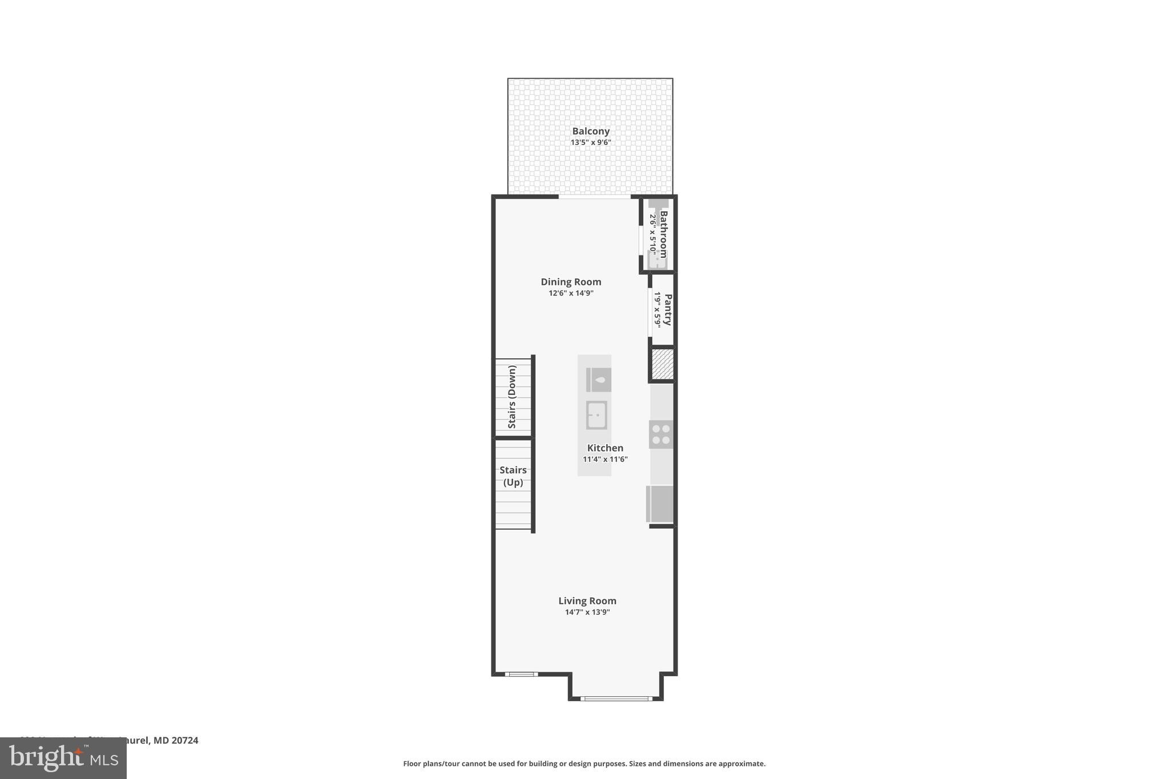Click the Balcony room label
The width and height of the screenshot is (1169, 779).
point(591,131)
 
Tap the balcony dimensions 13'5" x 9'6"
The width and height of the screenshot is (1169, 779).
point(591,143)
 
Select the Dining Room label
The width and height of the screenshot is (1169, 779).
point(571,282)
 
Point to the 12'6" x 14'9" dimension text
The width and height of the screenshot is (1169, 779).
point(571,293)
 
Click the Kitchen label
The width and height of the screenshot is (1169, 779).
point(605,448)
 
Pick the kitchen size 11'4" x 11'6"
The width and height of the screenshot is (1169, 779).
point(605,459)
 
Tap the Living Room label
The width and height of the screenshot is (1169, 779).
point(587,601)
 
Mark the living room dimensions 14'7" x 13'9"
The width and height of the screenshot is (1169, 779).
point(587,612)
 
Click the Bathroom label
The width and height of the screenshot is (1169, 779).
point(664,234)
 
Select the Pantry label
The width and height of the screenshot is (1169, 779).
point(668,309)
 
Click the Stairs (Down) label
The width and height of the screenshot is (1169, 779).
point(512,397)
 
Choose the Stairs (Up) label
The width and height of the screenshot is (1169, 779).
point(513,476)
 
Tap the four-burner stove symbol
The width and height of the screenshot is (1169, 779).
point(661,434)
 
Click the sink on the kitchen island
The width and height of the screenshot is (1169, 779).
point(596,415)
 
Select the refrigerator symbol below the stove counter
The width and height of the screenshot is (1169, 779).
point(660,503)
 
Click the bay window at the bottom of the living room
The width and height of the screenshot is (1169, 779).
point(616,698)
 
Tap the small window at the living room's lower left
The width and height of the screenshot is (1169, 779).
point(521,674)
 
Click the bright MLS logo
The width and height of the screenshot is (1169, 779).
point(63,758)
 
